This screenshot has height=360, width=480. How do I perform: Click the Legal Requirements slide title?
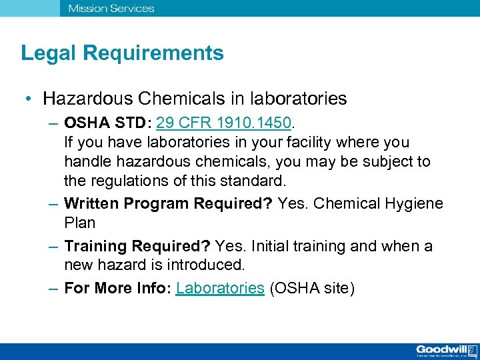[x=122, y=53]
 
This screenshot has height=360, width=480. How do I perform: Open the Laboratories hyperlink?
[x=220, y=289]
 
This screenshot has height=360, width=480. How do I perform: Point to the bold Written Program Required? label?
[x=168, y=203]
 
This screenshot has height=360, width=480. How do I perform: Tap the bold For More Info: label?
[x=117, y=289]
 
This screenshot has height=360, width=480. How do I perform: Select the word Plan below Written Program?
[x=80, y=223]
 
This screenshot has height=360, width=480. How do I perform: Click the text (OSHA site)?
[x=313, y=289]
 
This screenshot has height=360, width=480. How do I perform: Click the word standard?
[x=258, y=181]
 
